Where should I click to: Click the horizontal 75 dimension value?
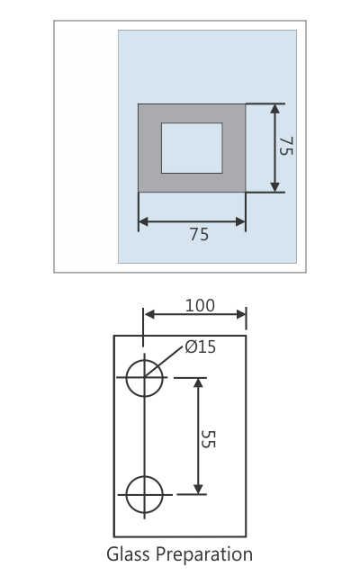click(199, 234)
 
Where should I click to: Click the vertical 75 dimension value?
click(285, 148)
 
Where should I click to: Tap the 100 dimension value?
click(200, 305)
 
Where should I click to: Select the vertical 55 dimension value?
click(208, 438)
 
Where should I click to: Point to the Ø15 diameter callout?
click(200, 346)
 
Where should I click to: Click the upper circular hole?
click(144, 377)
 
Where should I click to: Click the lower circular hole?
click(144, 493)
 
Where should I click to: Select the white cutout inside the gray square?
click(191, 148)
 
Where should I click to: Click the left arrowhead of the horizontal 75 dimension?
click(142, 220)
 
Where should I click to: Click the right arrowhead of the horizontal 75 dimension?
click(240, 220)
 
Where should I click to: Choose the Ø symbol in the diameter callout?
click(190, 346)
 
